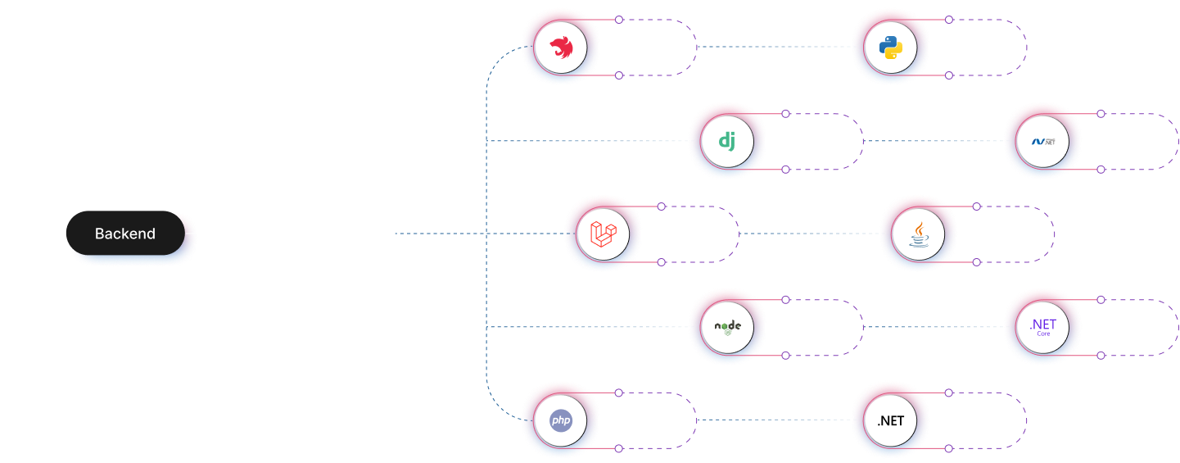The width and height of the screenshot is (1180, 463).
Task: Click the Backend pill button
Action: (125, 234)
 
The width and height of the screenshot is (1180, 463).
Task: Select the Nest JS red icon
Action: (561, 48)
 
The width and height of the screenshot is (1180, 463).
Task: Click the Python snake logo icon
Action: (890, 48)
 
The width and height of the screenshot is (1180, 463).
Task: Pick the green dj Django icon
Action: (727, 141)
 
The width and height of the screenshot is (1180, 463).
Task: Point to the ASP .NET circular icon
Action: (1042, 141)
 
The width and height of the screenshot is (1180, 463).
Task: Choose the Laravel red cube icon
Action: (603, 234)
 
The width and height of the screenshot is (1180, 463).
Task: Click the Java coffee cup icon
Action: (918, 234)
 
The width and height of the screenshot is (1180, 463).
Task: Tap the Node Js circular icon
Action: (727, 327)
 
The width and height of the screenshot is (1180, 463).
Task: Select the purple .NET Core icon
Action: (1042, 327)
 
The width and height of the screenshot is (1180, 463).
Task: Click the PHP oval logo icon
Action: (561, 420)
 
